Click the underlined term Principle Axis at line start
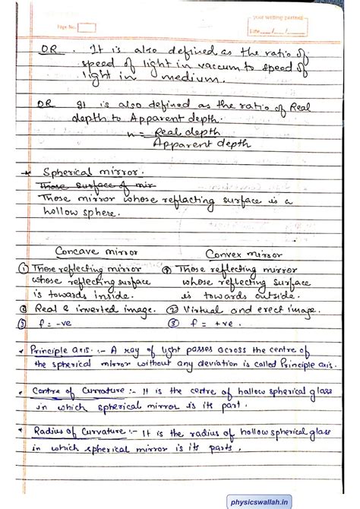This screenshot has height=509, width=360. pyautogui.click(x=55, y=350)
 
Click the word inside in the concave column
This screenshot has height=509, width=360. pyautogui.click(x=111, y=295)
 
